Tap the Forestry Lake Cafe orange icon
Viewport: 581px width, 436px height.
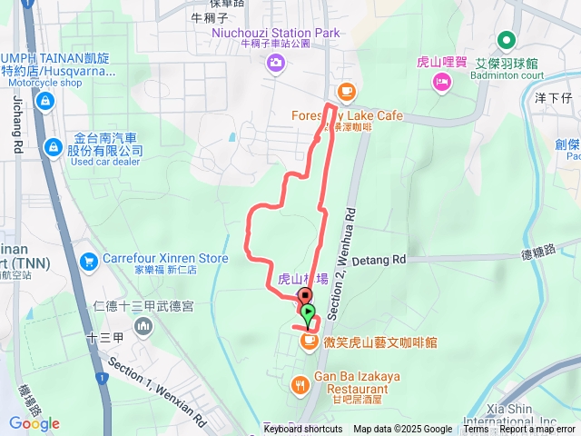(345, 91)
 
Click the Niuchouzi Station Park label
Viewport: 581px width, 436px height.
(276, 33)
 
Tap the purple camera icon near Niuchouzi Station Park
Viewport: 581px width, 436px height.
(275, 63)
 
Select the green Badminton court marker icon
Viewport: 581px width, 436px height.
(506, 41)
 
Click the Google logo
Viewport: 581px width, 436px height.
(34, 423)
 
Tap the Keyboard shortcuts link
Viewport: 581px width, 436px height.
(303, 430)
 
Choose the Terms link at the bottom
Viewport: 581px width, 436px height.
(476, 430)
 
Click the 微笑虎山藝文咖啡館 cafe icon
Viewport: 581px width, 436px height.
(309, 341)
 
